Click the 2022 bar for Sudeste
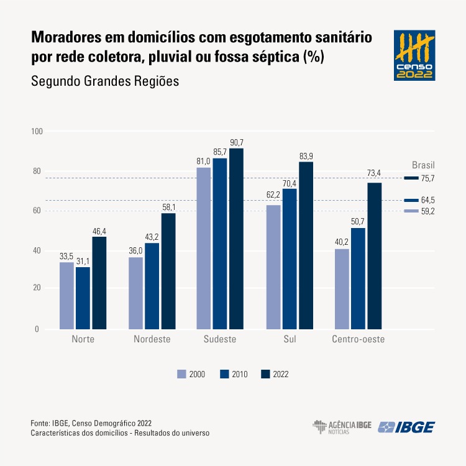point(236,239)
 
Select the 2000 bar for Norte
point(66,296)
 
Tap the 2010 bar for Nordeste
point(152,286)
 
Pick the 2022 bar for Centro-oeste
point(374,255)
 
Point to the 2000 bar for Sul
point(273,267)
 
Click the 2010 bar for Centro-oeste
point(358,278)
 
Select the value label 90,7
point(237,142)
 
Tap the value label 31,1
point(83,261)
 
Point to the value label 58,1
point(168,207)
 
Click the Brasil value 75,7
point(426,178)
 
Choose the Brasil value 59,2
point(426,211)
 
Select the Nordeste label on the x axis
point(152,340)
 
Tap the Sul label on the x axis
point(290,340)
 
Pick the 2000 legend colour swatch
point(182,374)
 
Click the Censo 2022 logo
point(414,55)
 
